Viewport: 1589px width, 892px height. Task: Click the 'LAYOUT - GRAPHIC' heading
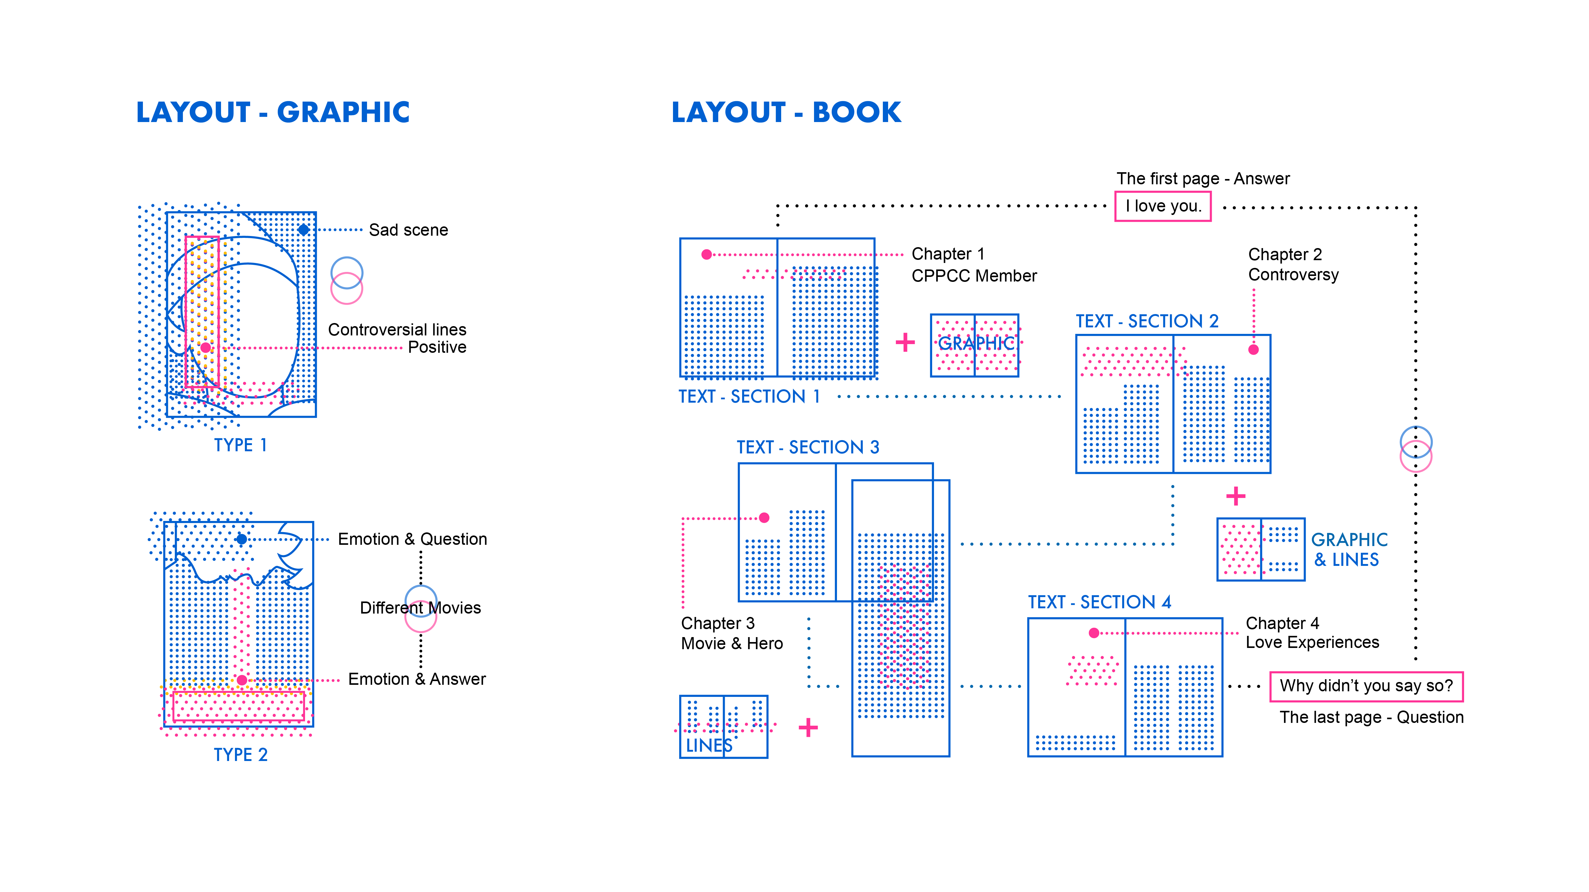(273, 112)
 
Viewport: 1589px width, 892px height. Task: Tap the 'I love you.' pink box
(1163, 206)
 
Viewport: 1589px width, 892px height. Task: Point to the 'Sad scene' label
(408, 230)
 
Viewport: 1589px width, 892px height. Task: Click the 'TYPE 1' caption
(240, 445)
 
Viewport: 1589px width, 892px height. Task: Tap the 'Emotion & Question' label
(412, 540)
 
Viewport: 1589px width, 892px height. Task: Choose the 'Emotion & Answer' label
(417, 679)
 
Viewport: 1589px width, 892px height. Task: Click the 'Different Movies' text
(420, 608)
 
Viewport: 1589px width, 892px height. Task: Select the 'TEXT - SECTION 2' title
(1147, 321)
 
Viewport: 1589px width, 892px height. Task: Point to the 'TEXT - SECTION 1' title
(749, 396)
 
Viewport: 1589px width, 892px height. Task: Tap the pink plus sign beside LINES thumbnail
(808, 728)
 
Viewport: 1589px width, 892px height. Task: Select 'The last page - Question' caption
(1371, 718)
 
